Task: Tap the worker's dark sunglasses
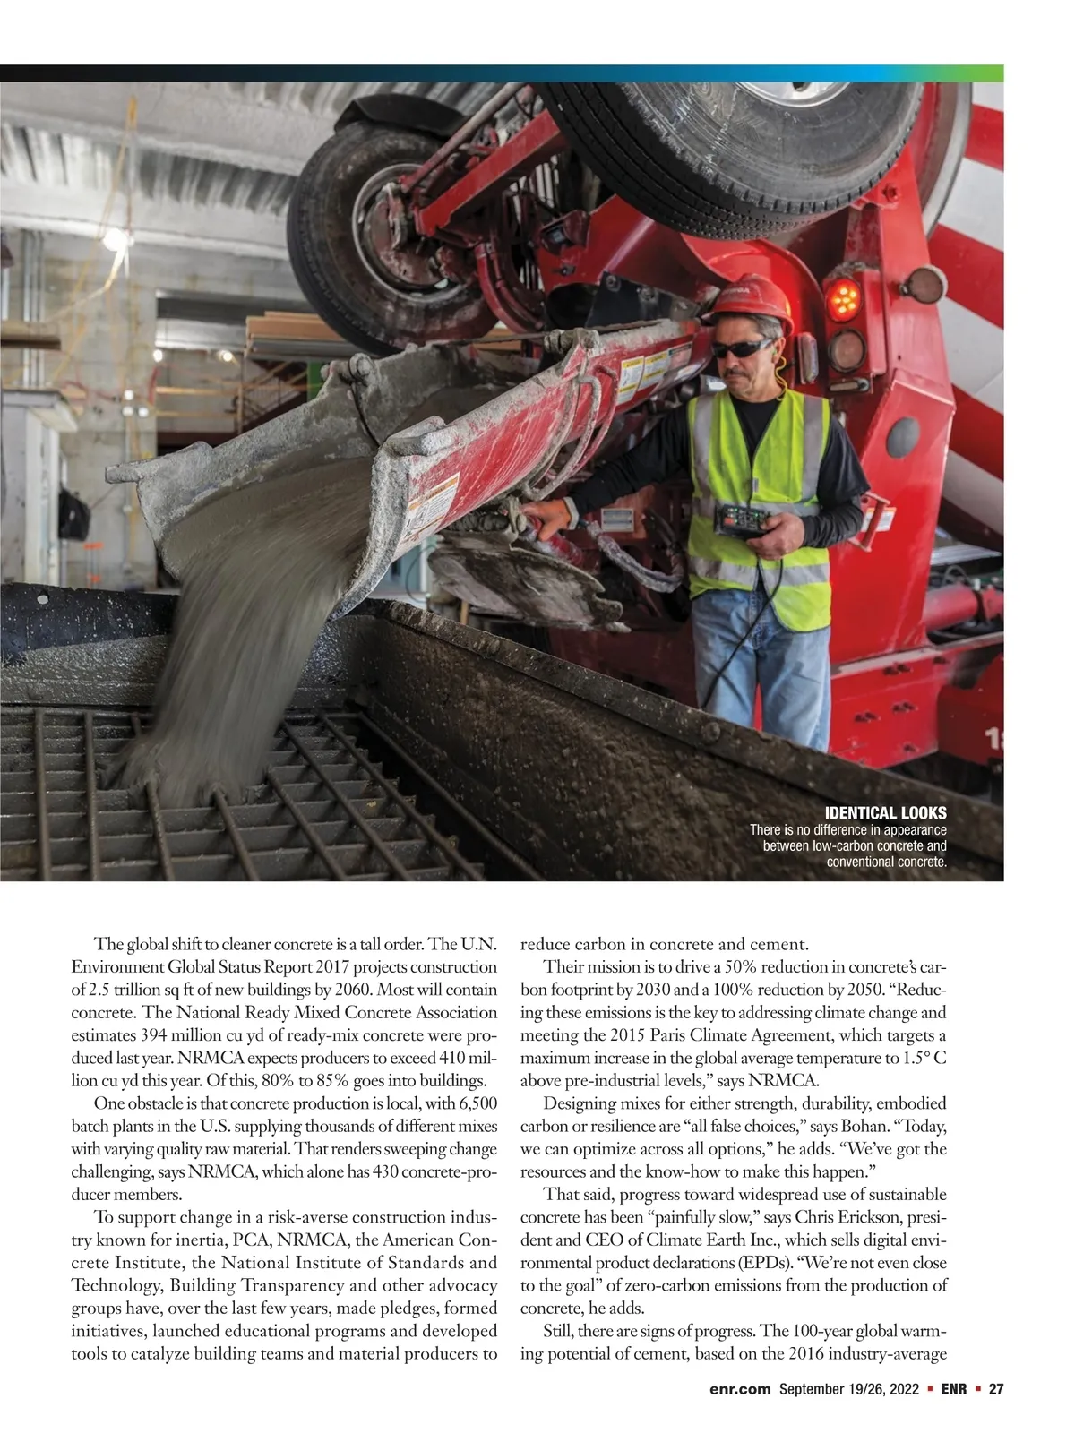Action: click(743, 348)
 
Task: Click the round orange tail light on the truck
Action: click(843, 299)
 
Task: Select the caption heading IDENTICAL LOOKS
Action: click(885, 813)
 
